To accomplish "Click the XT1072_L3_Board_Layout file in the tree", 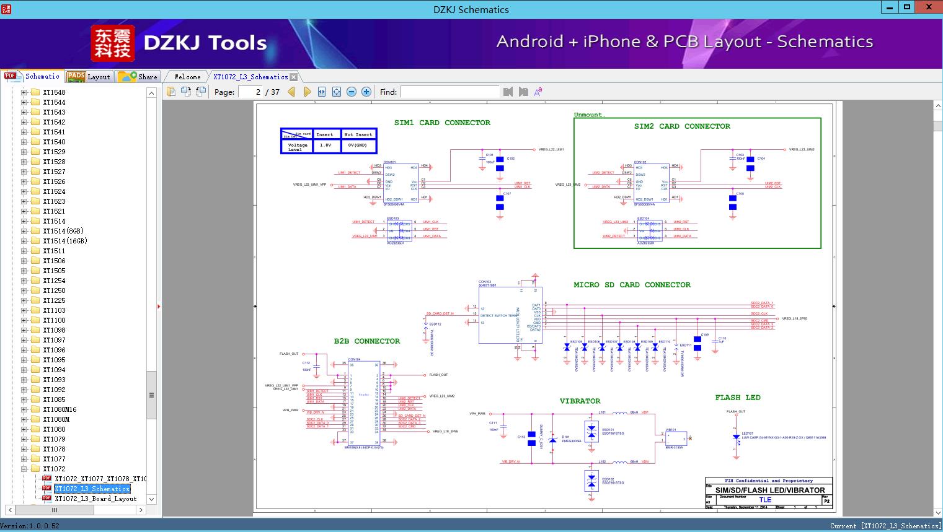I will tap(95, 499).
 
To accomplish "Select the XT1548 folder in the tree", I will tap(54, 92).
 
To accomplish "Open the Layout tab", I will tap(90, 77).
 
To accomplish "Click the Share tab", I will tap(139, 77).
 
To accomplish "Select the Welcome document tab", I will tap(187, 77).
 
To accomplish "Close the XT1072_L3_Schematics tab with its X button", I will tap(294, 77).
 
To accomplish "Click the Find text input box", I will tap(449, 92).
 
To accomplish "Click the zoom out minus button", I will tap(352, 92).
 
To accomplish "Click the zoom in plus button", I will tap(366, 92).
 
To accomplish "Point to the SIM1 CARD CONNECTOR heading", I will tap(442, 123).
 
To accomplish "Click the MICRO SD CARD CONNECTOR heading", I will tap(632, 285).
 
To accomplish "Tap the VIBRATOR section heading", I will tap(580, 401).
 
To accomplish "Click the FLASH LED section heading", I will tap(737, 398).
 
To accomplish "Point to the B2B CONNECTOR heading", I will tap(367, 341).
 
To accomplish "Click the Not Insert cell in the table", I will tap(358, 134).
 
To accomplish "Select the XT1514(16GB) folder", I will tap(64, 241).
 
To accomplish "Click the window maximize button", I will tap(907, 7).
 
